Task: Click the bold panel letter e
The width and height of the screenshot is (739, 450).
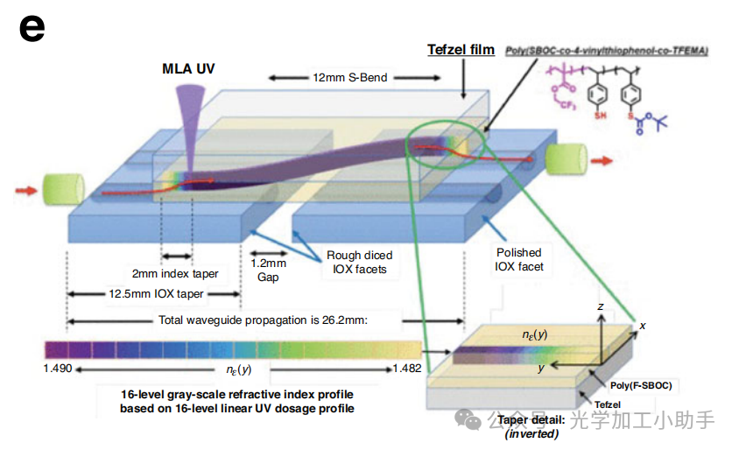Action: point(31,29)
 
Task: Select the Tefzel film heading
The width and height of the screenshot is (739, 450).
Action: point(461,50)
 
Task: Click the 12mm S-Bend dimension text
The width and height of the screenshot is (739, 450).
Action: point(350,77)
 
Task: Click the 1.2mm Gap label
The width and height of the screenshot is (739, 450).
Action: point(269,270)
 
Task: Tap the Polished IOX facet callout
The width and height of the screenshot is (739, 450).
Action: point(519,259)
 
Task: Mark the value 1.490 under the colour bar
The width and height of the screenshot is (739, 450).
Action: point(59,369)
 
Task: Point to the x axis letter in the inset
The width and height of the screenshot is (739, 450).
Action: point(643,326)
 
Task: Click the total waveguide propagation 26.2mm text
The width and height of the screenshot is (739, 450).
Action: point(264,320)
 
